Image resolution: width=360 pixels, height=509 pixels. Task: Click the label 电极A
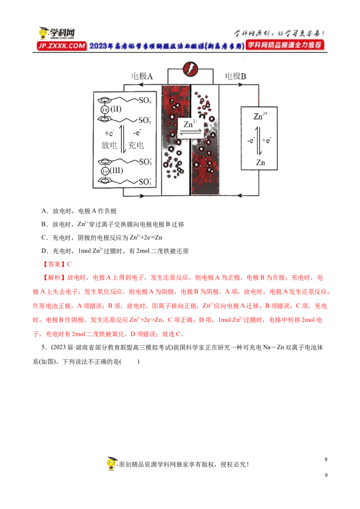(x=142, y=76)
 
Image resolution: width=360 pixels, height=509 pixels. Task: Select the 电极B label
(x=235, y=76)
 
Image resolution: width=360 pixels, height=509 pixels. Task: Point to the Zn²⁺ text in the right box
(x=260, y=116)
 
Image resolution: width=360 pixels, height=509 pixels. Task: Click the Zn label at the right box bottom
(x=261, y=163)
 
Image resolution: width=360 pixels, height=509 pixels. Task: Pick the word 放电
(x=109, y=145)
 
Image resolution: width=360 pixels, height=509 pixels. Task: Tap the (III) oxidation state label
(x=116, y=171)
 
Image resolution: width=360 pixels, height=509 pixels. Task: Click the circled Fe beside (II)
(x=104, y=109)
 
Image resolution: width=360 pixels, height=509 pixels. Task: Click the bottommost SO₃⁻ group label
(x=144, y=182)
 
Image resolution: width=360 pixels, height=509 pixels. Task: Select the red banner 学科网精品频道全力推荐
(x=285, y=45)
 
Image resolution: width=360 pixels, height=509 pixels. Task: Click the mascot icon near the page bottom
(x=113, y=464)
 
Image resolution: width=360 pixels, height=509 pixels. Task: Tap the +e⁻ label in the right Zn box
(x=267, y=140)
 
